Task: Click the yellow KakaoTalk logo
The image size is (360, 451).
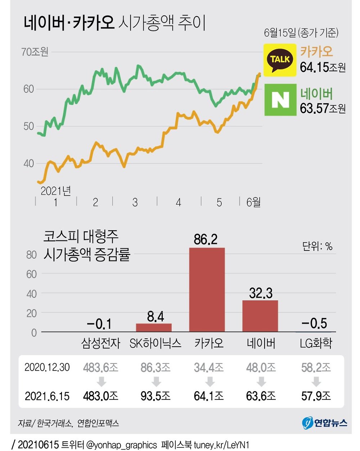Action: (x=280, y=60)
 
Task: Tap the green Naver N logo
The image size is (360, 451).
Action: (x=280, y=100)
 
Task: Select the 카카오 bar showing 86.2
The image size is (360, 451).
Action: (x=207, y=289)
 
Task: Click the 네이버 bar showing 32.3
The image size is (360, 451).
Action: (x=260, y=316)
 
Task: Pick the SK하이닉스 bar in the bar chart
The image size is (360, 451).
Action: (x=154, y=327)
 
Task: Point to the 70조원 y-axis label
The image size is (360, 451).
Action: (x=35, y=52)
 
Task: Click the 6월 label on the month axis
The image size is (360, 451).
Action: (x=253, y=202)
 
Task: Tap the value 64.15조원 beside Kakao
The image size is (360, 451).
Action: (x=323, y=67)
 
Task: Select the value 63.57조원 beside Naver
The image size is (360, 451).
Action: (x=323, y=108)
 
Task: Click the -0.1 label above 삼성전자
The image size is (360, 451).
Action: (x=99, y=324)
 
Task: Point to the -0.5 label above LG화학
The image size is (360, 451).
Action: (x=314, y=323)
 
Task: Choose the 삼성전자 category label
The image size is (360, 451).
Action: (x=101, y=343)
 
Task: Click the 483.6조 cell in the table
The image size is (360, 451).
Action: (x=100, y=367)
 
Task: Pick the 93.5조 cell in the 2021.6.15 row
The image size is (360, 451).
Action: (x=156, y=396)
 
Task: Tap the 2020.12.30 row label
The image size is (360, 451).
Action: (x=47, y=367)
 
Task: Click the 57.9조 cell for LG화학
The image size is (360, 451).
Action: (x=316, y=396)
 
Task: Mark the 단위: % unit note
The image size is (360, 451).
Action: (x=317, y=247)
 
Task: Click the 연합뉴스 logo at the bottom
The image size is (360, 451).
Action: (x=325, y=423)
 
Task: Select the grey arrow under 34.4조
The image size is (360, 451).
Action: (x=209, y=382)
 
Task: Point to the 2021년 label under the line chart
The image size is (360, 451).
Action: (x=56, y=190)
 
